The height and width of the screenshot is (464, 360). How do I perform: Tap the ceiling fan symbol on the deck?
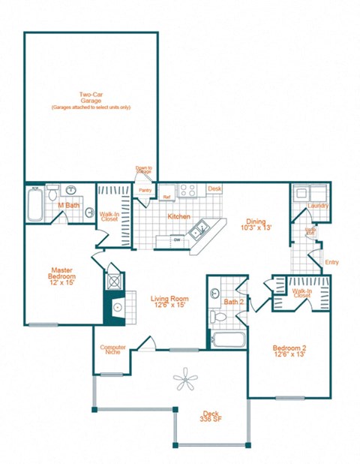coord(184,381)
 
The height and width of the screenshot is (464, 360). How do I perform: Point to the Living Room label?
coord(168,301)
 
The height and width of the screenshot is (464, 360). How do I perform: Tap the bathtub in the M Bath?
coord(35,204)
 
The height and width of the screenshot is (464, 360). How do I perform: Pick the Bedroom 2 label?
coord(289,351)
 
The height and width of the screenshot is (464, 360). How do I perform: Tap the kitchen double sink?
coord(199,230)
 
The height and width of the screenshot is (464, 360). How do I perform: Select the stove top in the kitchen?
coord(188,190)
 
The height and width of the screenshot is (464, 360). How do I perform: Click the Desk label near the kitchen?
coord(214,188)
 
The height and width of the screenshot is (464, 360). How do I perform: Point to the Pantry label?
coord(145,190)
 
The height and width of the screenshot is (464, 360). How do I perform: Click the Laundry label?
coord(318,205)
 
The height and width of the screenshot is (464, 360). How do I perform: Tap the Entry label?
coord(331,262)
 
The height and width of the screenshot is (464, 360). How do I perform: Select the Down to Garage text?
coord(144,170)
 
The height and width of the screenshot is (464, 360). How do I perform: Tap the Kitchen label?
coord(178,216)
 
